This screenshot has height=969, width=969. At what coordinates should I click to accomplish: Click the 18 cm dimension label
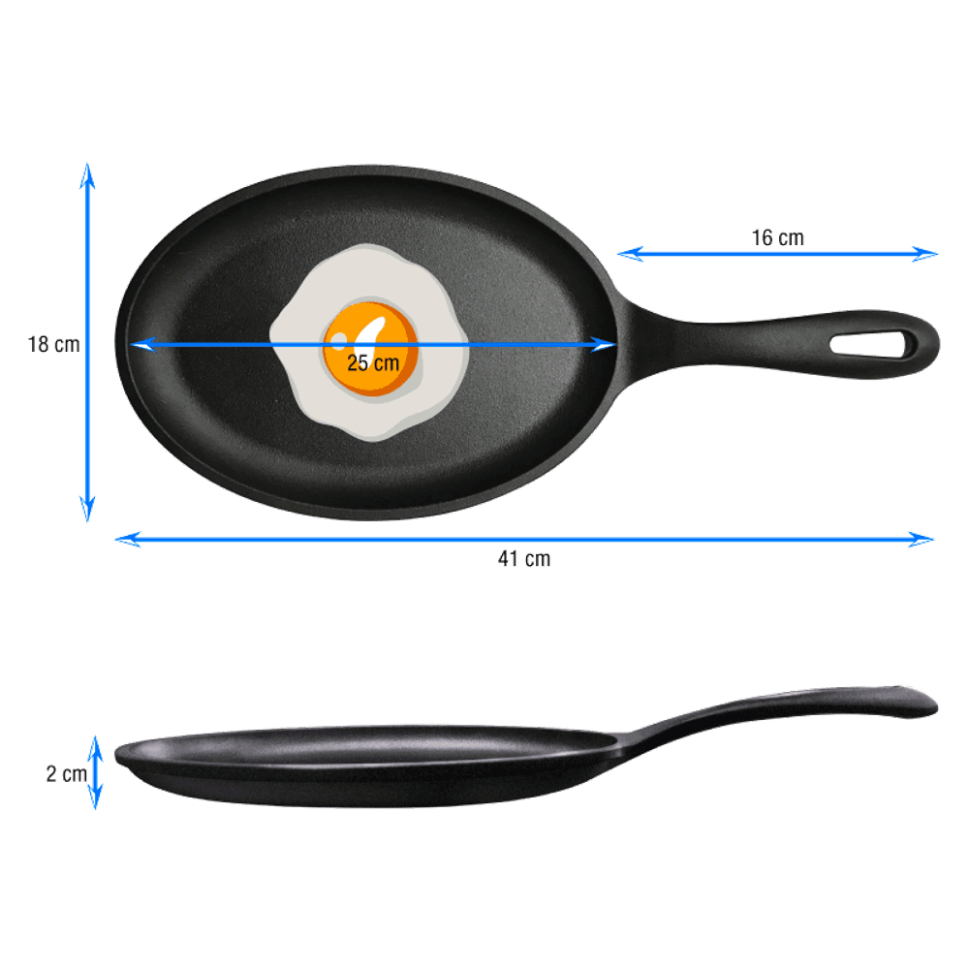53,344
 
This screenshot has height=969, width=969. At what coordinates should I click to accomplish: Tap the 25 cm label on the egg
373,362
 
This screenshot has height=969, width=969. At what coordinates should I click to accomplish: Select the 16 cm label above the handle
777,238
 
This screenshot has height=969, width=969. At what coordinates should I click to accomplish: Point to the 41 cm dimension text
524,559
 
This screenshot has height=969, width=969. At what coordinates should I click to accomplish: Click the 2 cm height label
66,773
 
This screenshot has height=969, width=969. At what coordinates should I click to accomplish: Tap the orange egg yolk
370,349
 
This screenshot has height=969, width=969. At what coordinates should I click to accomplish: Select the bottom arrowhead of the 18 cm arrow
88,509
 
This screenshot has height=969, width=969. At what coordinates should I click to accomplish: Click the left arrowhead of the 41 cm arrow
127,539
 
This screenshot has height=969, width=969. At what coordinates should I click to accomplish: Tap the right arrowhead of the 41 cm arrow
922,539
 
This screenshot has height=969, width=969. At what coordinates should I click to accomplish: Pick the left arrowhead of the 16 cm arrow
630,253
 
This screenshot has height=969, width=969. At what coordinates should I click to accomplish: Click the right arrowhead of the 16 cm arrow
925,253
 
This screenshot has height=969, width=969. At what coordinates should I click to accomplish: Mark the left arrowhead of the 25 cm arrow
142,344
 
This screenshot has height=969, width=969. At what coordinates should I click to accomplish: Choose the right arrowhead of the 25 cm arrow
604,344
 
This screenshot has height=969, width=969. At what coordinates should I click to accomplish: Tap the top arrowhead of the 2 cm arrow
95,748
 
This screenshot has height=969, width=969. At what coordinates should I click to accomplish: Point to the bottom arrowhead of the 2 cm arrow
95,797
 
